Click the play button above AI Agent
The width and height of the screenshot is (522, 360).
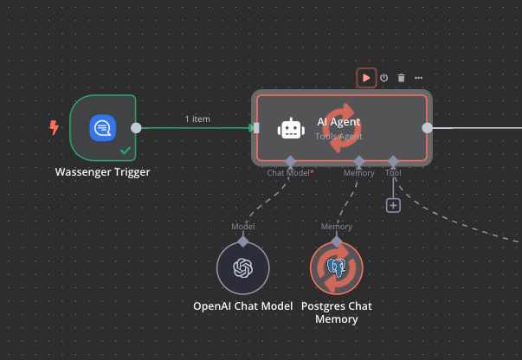366,78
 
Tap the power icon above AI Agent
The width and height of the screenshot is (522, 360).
383,78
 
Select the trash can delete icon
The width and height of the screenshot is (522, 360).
401,78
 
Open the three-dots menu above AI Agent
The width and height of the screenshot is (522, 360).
419,78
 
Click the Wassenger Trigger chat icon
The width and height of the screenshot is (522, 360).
103,128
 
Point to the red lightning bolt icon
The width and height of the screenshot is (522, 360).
55,128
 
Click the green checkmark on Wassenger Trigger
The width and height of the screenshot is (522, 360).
126,151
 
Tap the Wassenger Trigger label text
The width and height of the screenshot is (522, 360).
103,171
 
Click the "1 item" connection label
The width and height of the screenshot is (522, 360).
198,119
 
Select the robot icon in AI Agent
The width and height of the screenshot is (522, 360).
291,128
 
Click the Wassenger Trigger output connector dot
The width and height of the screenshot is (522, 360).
136,128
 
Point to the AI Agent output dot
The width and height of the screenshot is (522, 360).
427,128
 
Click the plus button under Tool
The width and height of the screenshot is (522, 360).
393,205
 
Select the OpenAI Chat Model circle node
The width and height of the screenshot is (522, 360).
243,267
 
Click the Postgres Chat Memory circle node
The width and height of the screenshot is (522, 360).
337,267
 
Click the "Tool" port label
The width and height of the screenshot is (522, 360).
393,173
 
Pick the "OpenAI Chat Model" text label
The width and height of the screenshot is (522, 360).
242,306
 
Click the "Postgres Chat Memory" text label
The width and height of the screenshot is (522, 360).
337,312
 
